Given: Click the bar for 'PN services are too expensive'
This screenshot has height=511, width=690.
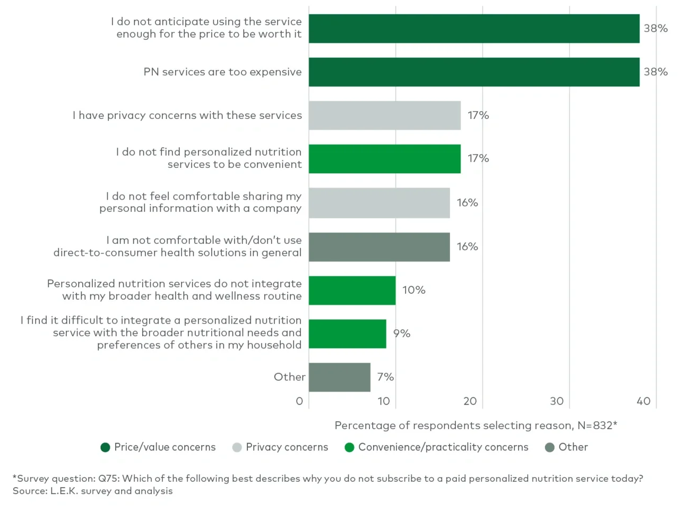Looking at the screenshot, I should tap(473, 72).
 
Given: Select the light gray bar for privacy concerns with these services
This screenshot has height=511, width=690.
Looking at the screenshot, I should tap(384, 115).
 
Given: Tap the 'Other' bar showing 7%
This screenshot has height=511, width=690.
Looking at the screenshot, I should tap(339, 377).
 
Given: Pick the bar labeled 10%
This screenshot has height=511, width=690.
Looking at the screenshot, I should tap(352, 291).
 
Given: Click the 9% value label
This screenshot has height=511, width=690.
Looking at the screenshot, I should tap(401, 334).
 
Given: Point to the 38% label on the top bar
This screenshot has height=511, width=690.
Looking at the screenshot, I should tap(655, 29).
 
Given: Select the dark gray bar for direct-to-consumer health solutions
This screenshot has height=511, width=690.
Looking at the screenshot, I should tap(379, 247).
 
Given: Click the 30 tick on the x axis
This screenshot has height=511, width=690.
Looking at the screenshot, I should tap(556, 402).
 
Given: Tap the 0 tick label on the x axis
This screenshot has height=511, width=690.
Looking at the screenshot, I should tap(299, 402).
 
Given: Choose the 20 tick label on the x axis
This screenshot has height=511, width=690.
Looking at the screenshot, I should tap(470, 402).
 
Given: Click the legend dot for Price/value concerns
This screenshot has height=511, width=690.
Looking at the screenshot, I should tap(105, 447).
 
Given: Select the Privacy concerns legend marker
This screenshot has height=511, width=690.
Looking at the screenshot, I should tap(237, 447).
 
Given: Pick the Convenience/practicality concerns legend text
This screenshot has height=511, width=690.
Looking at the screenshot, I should tap(443, 447).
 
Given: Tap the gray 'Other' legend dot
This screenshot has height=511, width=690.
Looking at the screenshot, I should tap(550, 447).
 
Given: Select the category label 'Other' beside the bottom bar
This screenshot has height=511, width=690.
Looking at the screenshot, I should tap(289, 377).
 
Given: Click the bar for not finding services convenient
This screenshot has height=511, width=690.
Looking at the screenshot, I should tap(384, 159).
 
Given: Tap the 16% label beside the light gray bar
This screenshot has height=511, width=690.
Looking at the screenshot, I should tap(467, 203).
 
